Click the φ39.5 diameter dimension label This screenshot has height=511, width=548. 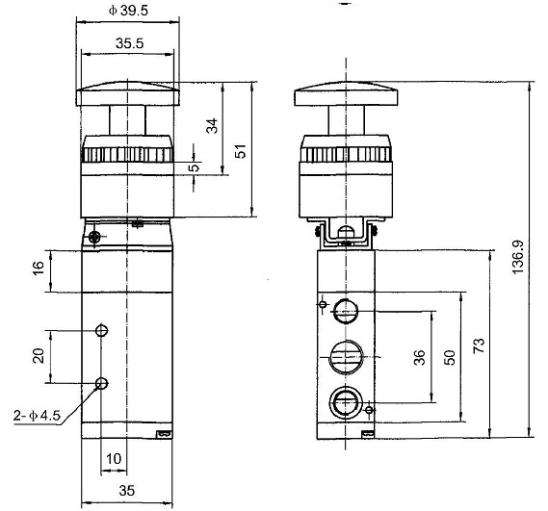[127, 11]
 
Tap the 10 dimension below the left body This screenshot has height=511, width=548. [113, 459]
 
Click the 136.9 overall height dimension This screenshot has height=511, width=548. [518, 258]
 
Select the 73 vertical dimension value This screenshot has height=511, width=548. [479, 343]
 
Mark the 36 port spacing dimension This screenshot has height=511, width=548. [419, 356]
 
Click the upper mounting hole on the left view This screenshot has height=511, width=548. [102, 331]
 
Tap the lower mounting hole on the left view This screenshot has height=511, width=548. [102, 384]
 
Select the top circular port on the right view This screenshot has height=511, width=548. [345, 311]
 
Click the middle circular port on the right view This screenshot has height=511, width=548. [345, 356]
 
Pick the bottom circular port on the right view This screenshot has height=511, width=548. [345, 400]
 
